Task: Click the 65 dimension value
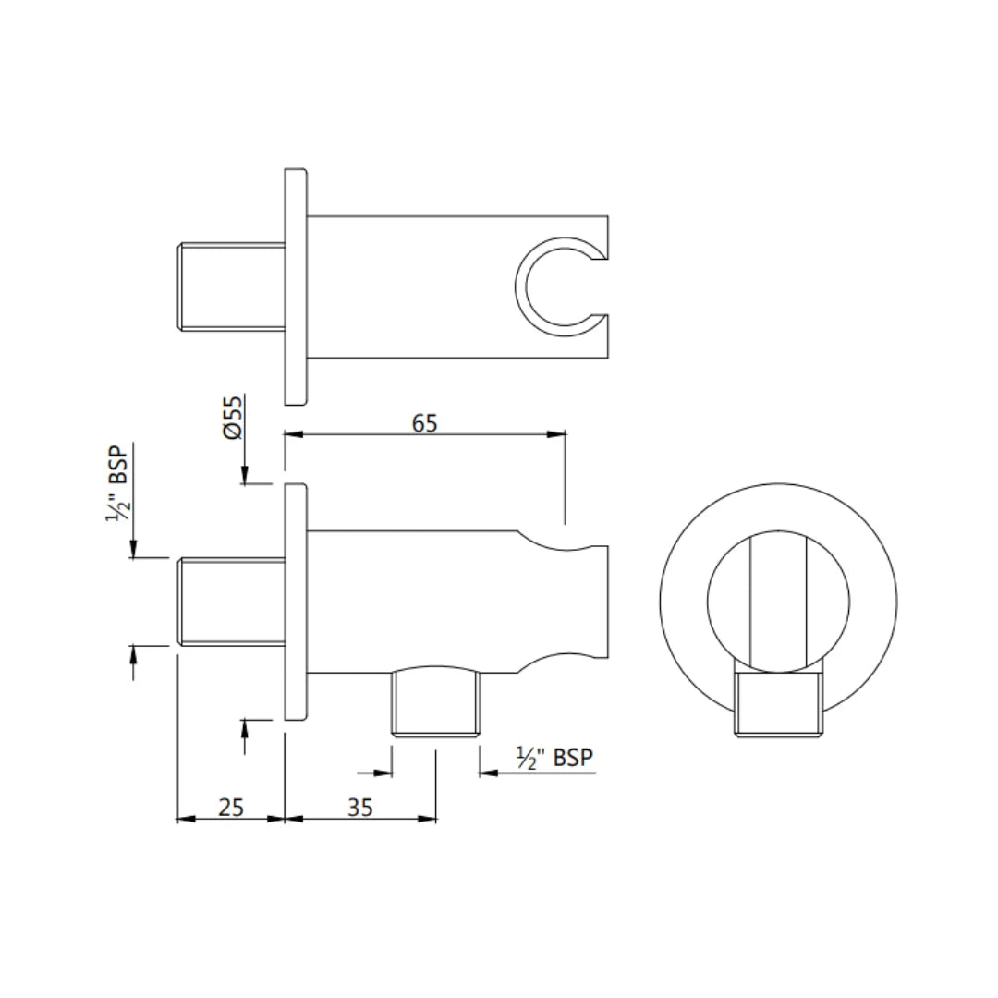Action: (424, 422)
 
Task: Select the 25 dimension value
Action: (231, 807)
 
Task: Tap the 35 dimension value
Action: (360, 807)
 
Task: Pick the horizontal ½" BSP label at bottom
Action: (554, 759)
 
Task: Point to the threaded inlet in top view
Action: (230, 286)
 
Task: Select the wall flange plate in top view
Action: (295, 286)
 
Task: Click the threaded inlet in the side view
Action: (230, 602)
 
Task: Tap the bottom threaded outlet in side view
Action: (436, 704)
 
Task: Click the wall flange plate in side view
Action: (295, 602)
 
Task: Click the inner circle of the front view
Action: (778, 601)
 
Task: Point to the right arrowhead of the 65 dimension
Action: (557, 433)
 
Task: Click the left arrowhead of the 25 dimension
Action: (183, 818)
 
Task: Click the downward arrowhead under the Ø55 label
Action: (244, 476)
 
